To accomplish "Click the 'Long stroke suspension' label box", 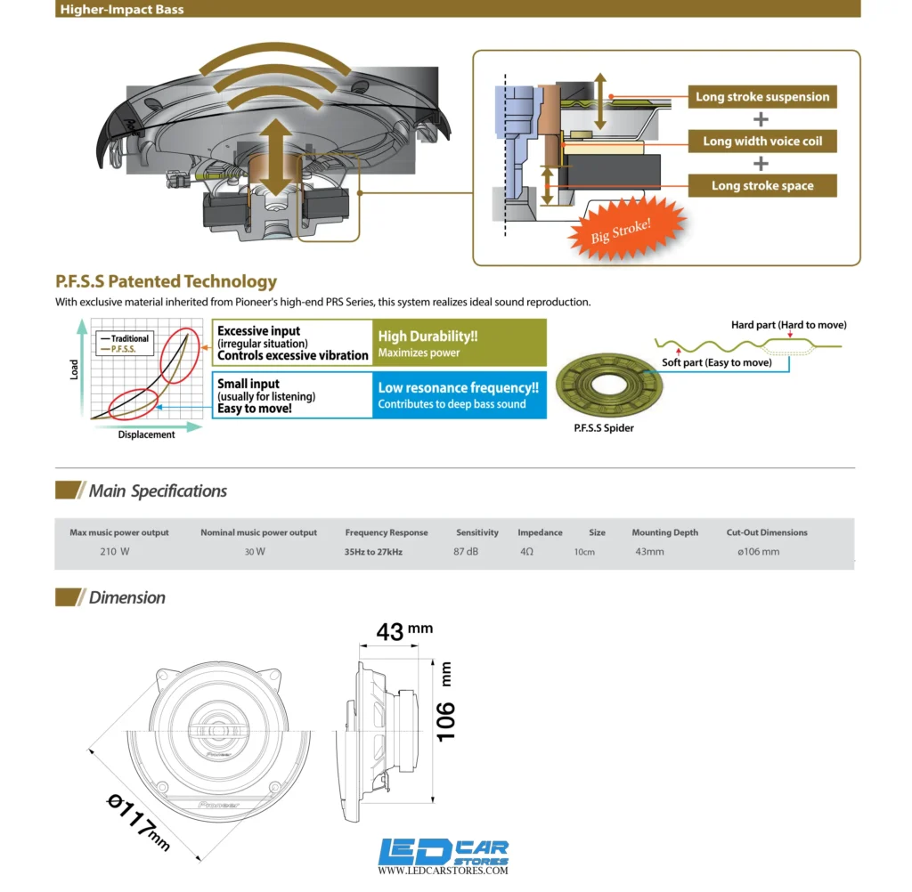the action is click(x=762, y=96).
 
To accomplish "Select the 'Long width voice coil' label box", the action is click(x=762, y=142).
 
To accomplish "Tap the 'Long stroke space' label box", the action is click(x=762, y=185).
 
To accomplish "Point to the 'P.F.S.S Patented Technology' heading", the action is click(x=167, y=281).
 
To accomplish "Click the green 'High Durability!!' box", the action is click(x=460, y=343).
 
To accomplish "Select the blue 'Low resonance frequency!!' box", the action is click(x=460, y=395).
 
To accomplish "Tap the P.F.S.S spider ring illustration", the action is click(x=608, y=385).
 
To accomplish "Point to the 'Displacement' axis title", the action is click(x=146, y=434).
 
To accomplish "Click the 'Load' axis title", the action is click(x=74, y=369).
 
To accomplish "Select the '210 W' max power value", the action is click(x=115, y=551).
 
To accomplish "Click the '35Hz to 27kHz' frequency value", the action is click(x=373, y=552).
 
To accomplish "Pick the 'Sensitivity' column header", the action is click(x=477, y=532).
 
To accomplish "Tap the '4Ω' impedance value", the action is click(x=526, y=551).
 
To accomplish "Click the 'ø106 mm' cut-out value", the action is click(x=759, y=551).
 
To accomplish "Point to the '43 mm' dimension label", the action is click(x=404, y=631).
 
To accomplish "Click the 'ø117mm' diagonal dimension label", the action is click(x=138, y=823).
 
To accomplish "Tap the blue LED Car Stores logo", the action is click(x=444, y=856).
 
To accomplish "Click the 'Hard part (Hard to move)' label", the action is click(x=789, y=324).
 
